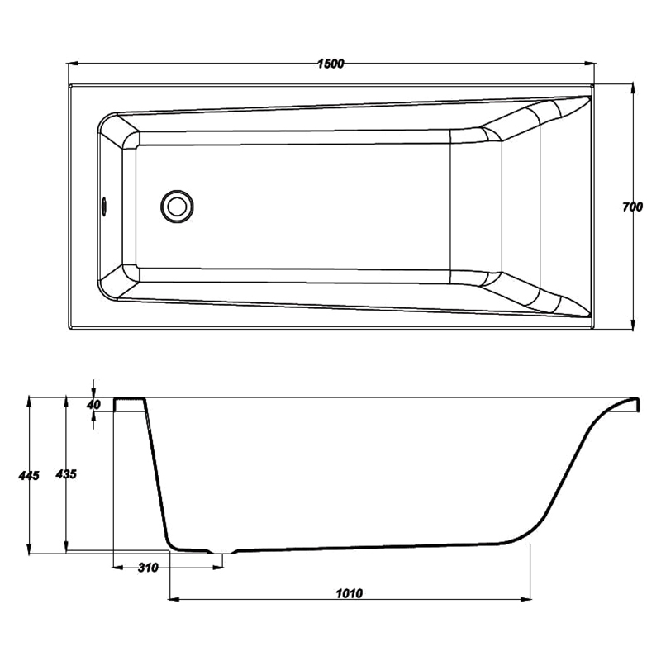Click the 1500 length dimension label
click(x=331, y=64)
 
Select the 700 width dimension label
click(x=632, y=207)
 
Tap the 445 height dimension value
click(x=29, y=476)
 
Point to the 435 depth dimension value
click(x=66, y=474)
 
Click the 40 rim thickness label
click(x=93, y=405)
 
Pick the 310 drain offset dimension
click(x=148, y=568)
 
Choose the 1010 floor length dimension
click(x=349, y=593)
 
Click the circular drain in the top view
click(x=177, y=207)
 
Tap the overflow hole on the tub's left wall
click(x=104, y=206)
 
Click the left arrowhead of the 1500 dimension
click(x=74, y=64)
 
